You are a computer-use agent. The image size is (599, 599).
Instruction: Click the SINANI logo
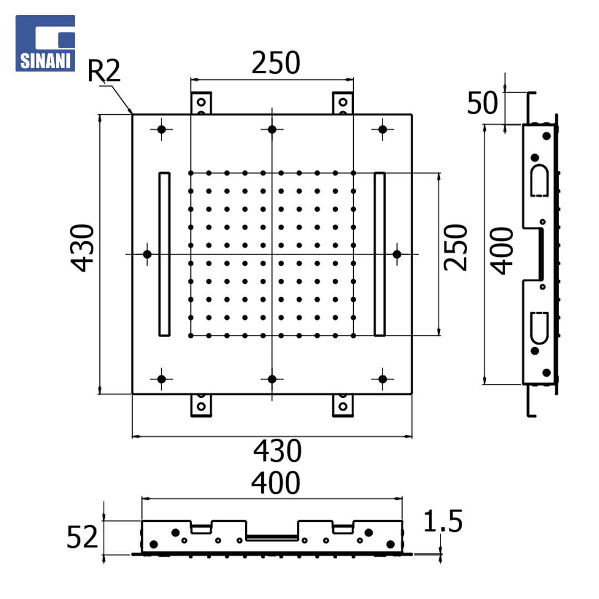45,43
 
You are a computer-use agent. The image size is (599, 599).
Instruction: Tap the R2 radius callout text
104,70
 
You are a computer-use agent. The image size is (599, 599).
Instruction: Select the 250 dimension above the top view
276,63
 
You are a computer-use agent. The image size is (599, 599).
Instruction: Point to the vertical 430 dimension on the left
82,248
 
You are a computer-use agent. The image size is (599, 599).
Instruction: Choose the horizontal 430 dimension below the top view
277,451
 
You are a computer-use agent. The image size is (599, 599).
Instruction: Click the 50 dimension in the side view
483,103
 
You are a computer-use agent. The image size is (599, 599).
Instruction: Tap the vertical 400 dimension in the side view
501,251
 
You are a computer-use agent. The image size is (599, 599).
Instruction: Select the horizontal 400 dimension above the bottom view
276,483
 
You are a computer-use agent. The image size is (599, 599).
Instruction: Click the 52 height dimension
82,537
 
